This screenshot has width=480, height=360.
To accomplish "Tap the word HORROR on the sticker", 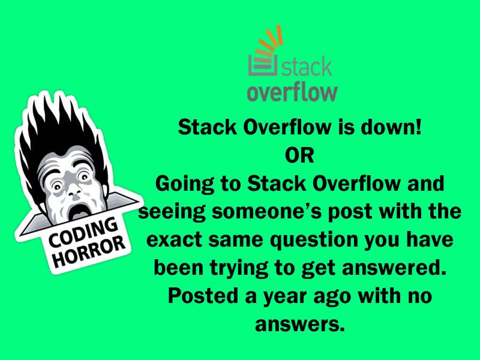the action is point(89,251).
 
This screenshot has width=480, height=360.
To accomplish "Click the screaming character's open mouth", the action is point(78,212).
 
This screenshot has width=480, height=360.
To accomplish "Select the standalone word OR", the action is point(299,155).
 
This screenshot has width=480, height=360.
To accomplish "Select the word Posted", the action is point(203,295).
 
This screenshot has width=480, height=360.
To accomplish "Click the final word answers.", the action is point(300,324).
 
